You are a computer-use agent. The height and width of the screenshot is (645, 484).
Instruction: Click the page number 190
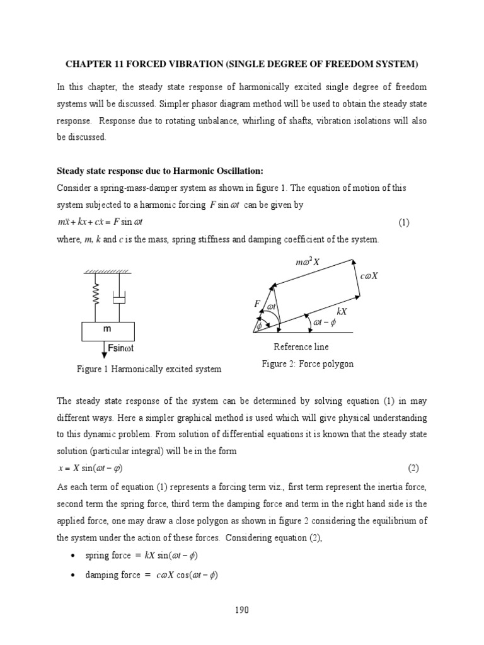pos(242,610)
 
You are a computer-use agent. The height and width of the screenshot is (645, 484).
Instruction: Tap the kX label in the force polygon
pos(342,311)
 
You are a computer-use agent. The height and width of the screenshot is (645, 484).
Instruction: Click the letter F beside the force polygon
pos(256,304)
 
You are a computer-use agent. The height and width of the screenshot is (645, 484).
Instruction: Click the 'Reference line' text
pos(301,347)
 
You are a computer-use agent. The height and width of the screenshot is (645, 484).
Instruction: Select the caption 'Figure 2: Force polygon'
pos(308,364)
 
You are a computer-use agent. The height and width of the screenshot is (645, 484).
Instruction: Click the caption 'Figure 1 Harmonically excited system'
pos(149,369)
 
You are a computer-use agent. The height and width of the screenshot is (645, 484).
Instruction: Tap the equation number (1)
pos(404,223)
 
